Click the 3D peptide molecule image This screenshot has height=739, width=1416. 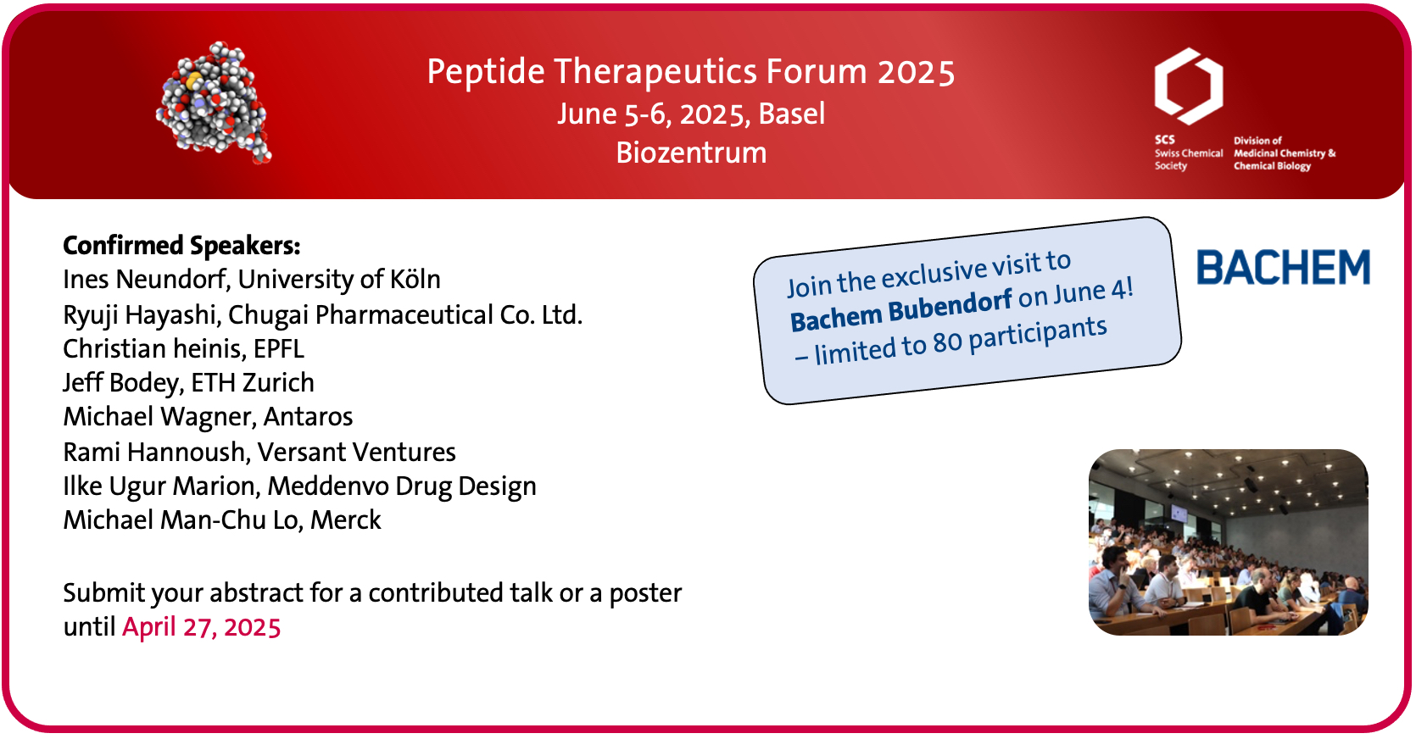(214, 103)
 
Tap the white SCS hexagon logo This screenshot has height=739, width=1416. (1189, 86)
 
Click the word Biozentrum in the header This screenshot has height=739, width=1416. (691, 153)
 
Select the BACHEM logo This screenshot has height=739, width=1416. (1283, 267)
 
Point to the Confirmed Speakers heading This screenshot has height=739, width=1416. (181, 246)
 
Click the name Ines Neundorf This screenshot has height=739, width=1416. (145, 279)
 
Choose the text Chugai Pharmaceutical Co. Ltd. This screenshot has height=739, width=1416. (404, 314)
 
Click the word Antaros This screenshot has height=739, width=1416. (308, 417)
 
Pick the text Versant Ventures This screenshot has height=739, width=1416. (356, 453)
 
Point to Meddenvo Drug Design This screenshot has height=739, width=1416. (401, 486)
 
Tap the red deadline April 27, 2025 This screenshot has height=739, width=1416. (201, 627)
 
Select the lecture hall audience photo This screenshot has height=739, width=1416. (1229, 542)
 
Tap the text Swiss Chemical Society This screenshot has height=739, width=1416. (1189, 159)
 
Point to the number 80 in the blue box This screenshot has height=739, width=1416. (947, 342)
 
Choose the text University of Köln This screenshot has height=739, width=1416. (339, 279)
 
